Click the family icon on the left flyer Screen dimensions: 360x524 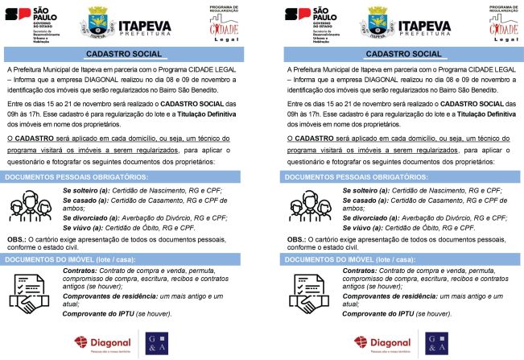click(x=32, y=208)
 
